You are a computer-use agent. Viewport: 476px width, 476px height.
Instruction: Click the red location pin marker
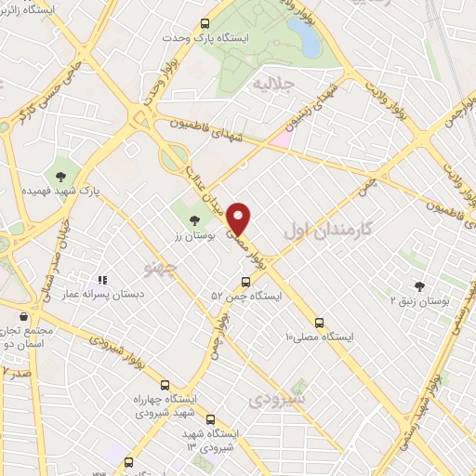239,218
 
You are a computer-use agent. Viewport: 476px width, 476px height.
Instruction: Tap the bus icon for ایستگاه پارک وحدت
205,25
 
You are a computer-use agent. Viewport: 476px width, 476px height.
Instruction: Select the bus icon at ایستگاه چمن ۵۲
245,282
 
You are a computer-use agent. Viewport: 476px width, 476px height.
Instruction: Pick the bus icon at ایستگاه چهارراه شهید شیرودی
165,385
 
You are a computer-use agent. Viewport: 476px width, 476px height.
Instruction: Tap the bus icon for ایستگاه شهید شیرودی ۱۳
210,420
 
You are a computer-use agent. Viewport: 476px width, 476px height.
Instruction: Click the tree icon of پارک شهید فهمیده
60,176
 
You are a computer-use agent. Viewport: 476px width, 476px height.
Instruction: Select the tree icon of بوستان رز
194,220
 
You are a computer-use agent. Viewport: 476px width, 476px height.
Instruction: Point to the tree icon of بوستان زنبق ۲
419,286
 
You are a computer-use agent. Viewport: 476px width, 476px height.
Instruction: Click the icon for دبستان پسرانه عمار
103,279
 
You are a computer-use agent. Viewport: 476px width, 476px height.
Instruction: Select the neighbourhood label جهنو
161,270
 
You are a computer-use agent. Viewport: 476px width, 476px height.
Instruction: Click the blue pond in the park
304,36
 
